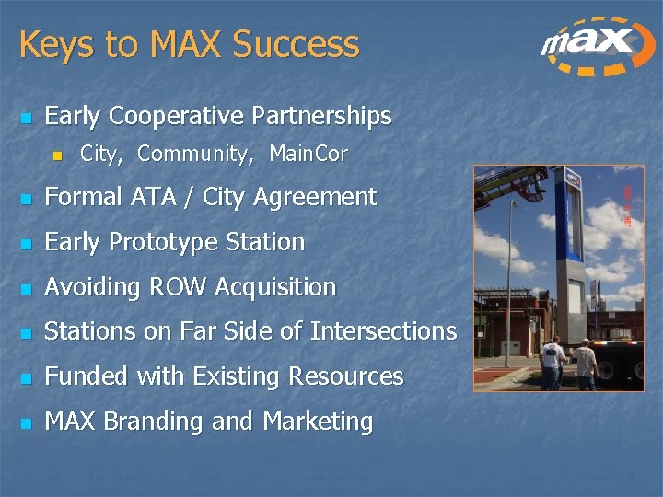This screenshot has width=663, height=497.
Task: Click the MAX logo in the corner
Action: click(x=589, y=46)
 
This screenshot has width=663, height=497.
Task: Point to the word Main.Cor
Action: click(x=308, y=155)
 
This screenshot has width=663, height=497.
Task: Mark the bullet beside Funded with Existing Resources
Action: click(x=26, y=378)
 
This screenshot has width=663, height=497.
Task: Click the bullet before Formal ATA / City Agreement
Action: click(x=26, y=199)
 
